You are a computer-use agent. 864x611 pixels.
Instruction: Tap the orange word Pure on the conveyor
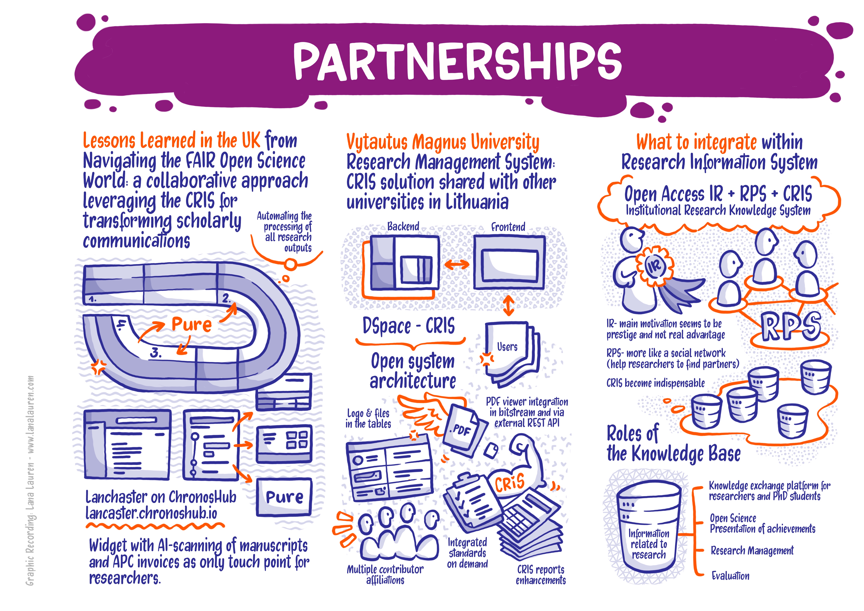192,324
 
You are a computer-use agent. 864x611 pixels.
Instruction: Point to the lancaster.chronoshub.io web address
151,513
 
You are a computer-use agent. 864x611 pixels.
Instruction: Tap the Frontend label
508,227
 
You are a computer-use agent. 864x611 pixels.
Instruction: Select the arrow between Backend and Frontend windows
456,264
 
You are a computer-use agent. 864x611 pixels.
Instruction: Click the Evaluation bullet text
730,576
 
